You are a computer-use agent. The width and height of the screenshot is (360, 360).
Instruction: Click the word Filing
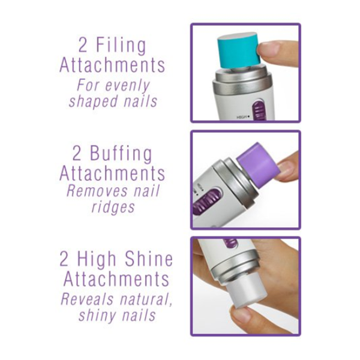121,45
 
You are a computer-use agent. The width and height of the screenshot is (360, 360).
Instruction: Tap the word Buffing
121,153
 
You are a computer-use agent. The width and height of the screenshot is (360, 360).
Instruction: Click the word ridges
113,208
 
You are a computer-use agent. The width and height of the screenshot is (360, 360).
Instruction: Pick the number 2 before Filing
83,45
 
